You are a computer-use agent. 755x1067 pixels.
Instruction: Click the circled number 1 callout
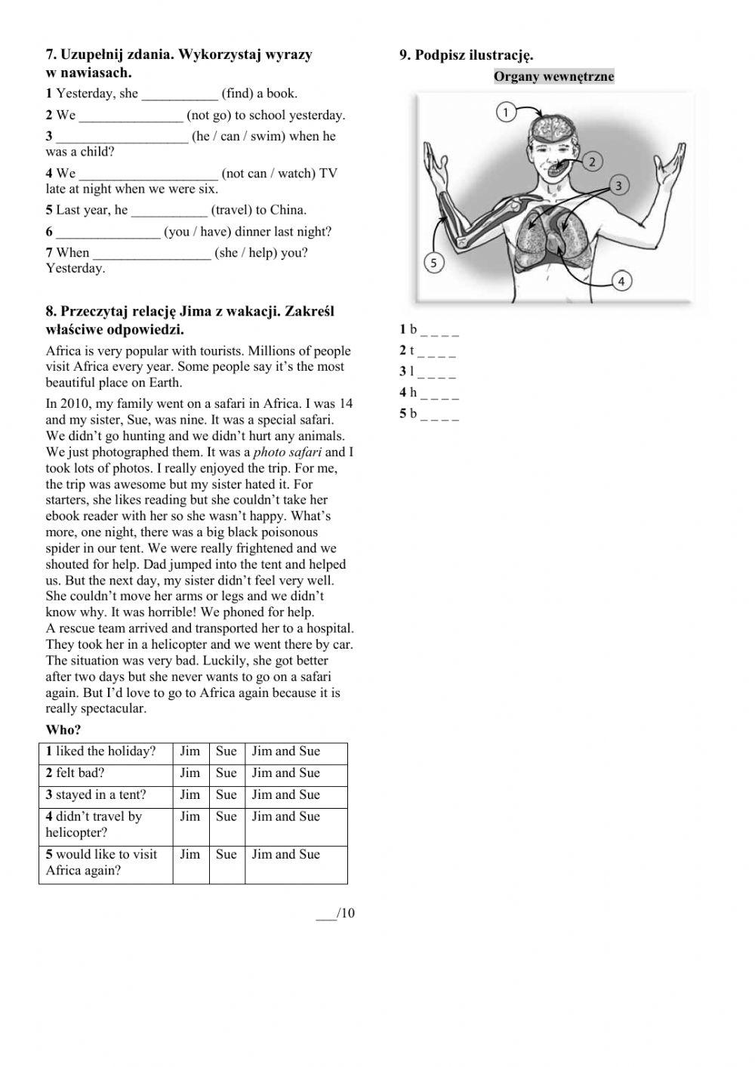505,113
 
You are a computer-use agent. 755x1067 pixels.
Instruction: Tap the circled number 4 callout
621,282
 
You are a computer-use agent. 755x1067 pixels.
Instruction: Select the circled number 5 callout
433,263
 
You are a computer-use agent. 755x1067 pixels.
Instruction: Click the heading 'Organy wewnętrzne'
553,76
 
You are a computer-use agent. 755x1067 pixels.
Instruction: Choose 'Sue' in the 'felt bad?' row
226,772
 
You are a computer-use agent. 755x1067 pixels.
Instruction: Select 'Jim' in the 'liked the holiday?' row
190,751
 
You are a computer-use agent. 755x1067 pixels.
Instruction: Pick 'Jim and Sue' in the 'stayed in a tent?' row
285,794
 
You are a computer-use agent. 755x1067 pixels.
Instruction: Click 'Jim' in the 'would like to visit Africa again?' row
190,854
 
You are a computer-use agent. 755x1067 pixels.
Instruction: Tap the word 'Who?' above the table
63,729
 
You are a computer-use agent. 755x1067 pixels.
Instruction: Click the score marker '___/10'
335,913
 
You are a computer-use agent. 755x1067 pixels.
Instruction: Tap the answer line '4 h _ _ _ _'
429,393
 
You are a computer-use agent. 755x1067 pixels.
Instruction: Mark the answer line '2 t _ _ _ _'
427,350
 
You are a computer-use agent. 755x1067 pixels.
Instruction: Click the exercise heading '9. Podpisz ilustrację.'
466,55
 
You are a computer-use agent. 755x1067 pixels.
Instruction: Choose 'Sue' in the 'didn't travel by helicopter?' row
226,816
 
